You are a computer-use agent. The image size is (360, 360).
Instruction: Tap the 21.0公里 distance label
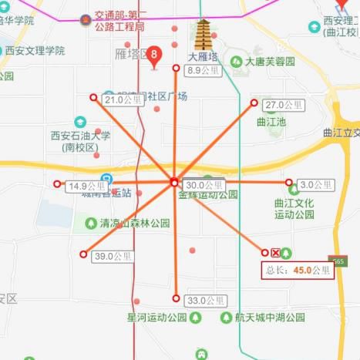coord(123,99)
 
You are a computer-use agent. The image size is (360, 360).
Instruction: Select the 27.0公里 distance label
coord(282,105)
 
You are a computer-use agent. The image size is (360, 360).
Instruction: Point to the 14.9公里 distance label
coord(86,187)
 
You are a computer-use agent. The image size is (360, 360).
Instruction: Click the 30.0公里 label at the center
coord(204,185)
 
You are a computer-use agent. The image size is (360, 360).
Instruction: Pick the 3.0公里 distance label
coord(316,185)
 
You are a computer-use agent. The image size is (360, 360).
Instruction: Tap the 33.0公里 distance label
coord(205,301)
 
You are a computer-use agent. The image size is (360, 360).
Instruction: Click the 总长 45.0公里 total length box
coord(298,271)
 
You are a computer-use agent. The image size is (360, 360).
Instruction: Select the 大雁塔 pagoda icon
coord(204,35)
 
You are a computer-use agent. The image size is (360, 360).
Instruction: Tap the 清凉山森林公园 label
coord(135,224)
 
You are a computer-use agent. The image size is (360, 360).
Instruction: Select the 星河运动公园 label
coord(157,317)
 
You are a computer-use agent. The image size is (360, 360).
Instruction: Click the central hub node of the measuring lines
coord(174,183)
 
